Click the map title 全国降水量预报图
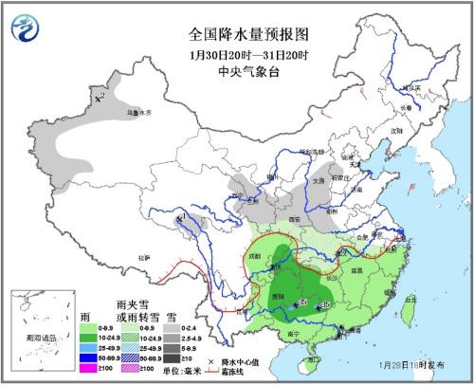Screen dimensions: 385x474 tap(236, 33)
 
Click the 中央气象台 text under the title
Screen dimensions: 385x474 tap(237, 67)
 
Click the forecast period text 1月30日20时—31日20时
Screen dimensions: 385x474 tap(237, 51)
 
